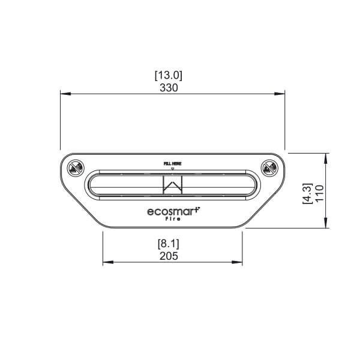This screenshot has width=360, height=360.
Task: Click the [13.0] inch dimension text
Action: click(169, 76)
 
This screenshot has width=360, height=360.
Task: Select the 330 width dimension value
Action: click(169, 87)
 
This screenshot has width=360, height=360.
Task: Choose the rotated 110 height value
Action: click(319, 193)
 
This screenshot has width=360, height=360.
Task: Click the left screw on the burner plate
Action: click(75, 169)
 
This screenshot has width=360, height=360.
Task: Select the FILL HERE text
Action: click(172, 163)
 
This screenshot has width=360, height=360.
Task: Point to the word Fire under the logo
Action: click(173, 220)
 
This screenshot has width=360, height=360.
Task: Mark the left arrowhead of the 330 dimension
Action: click(63, 94)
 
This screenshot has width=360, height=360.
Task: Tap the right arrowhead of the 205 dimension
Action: click(241, 262)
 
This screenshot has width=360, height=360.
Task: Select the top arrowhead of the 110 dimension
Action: click(326, 155)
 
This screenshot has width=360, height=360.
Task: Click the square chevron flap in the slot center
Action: click(173, 185)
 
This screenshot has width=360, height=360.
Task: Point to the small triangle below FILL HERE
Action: click(172, 168)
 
